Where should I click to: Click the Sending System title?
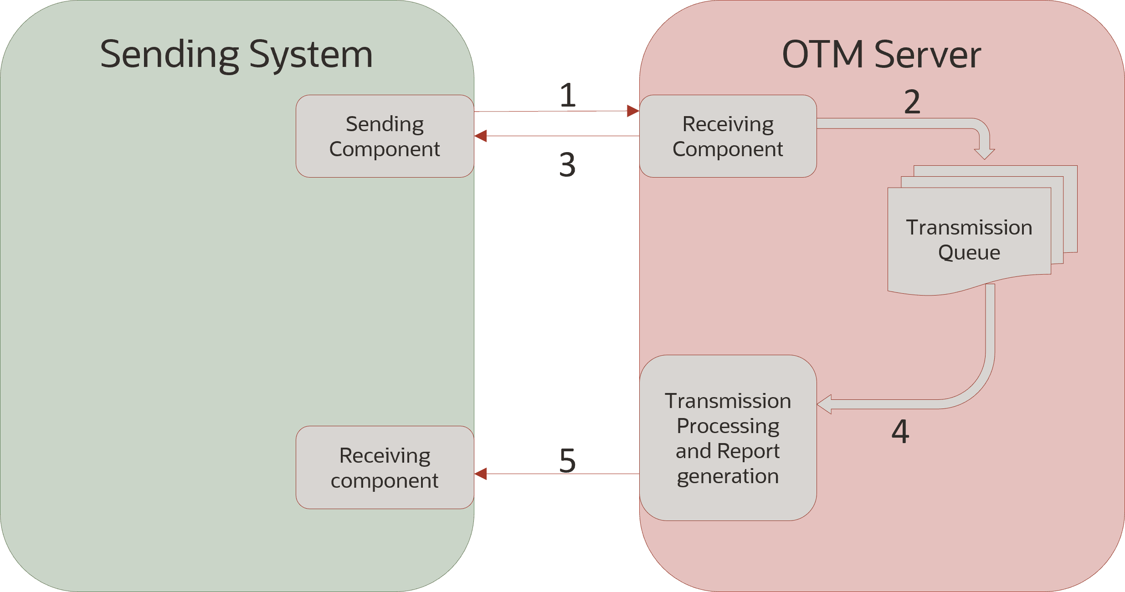pos(236,55)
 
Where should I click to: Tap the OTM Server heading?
pos(881,55)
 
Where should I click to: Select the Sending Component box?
pos(385,136)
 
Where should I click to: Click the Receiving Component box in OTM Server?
pos(728,136)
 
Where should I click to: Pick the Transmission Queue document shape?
pos(969,240)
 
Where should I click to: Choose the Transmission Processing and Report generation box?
pos(728,438)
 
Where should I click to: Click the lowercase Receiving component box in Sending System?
pos(385,468)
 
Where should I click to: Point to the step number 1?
pos(568,95)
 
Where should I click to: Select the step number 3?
pos(567,164)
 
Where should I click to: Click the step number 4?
pos(900,431)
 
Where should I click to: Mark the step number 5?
pos(567,460)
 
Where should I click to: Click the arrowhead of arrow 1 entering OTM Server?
pos(633,111)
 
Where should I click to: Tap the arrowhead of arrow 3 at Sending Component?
pos(481,136)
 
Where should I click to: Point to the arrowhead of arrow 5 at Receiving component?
pos(481,474)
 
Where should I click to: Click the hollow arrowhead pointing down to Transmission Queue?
pos(984,154)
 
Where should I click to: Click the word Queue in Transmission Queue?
pos(969,252)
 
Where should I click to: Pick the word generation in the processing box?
pos(728,476)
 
